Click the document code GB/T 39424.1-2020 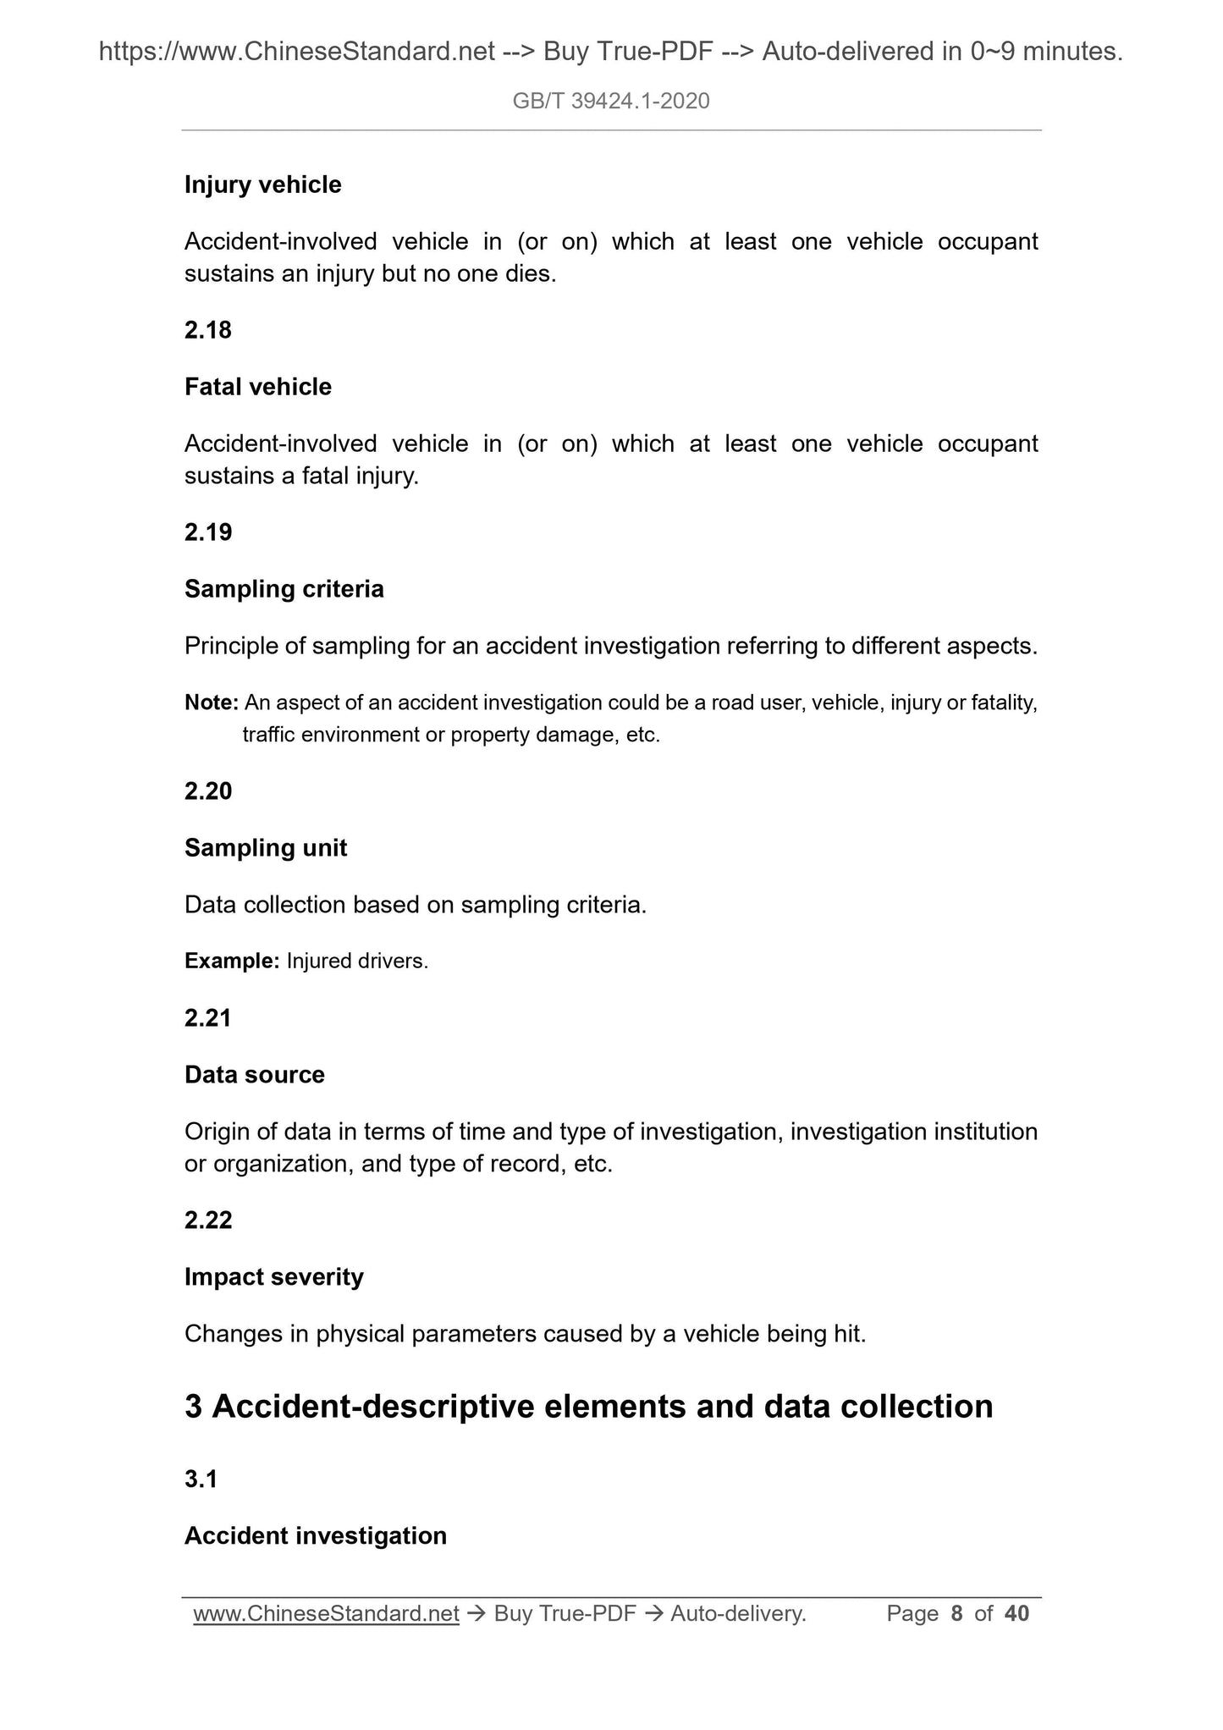point(611,102)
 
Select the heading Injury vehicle point(263,185)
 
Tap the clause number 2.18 point(208,330)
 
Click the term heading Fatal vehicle point(258,387)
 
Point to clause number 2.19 point(208,532)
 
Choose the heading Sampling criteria point(284,589)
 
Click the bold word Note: point(212,702)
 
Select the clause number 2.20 point(208,791)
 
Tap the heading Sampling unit point(266,848)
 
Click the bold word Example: point(232,961)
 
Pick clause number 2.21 point(208,1018)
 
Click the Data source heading point(255,1075)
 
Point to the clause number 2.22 point(208,1220)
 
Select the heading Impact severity point(274,1277)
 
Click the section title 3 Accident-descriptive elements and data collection point(589,1407)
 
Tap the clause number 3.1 point(201,1479)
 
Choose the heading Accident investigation point(316,1536)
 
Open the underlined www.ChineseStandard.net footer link point(326,1614)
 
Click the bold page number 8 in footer point(957,1614)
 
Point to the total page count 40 point(1016,1614)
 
